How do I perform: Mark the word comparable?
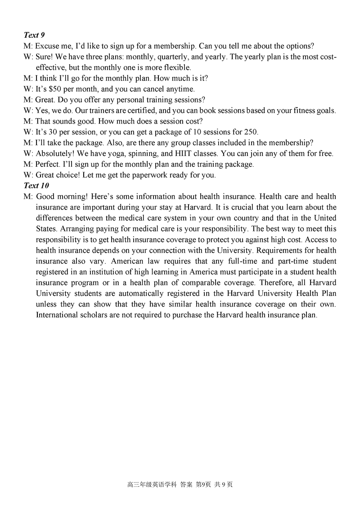point(197,283)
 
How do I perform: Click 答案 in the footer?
point(186,485)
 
